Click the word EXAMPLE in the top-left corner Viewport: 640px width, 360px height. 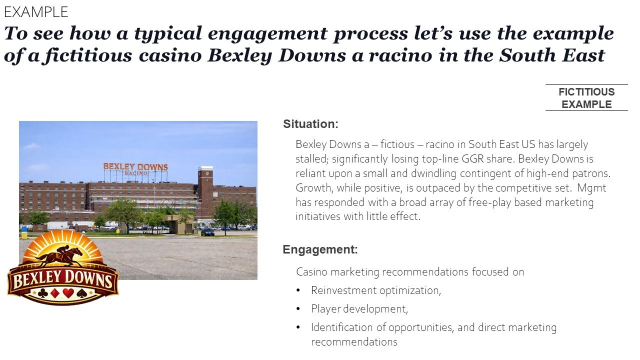click(x=36, y=11)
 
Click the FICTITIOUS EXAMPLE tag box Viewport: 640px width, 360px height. click(x=586, y=98)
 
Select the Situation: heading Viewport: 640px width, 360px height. click(x=311, y=124)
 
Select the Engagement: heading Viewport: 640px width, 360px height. click(x=320, y=249)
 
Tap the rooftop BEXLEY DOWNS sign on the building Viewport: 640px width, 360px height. click(x=135, y=167)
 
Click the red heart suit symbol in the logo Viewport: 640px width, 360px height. click(x=68, y=293)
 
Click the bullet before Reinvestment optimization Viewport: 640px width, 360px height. click(x=298, y=290)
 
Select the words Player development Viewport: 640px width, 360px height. click(x=359, y=309)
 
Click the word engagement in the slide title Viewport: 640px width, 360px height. click(x=266, y=34)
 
